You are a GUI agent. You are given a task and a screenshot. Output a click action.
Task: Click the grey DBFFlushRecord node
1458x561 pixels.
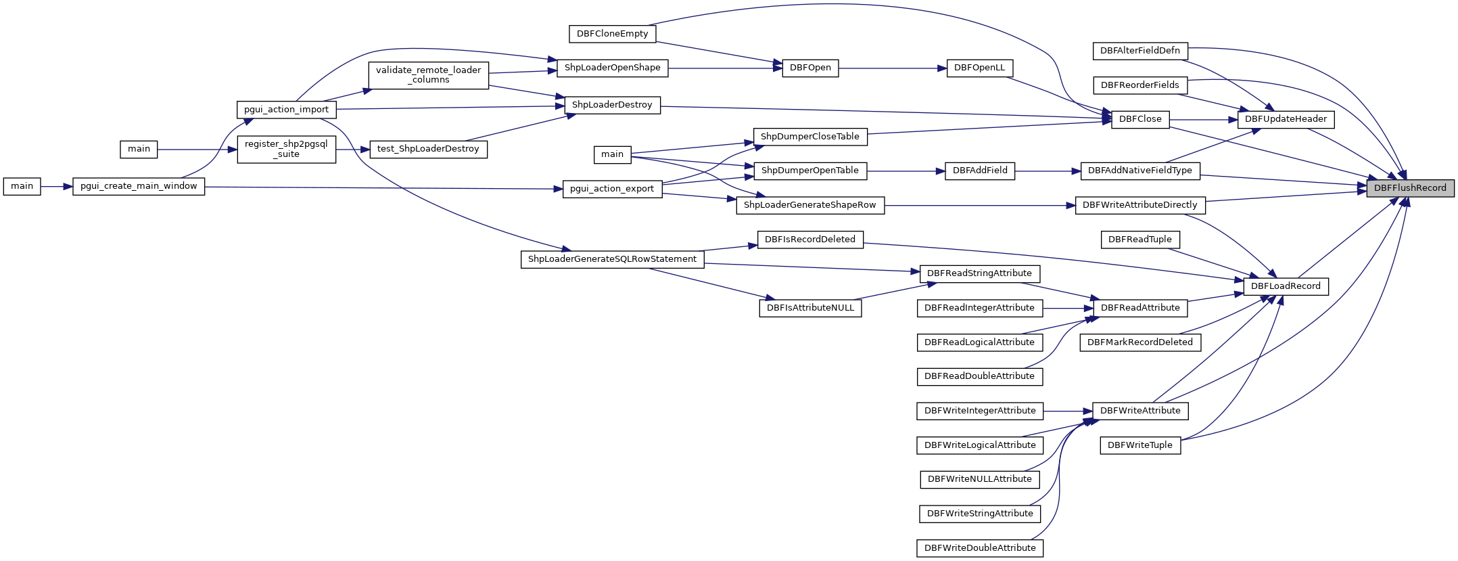coord(1410,188)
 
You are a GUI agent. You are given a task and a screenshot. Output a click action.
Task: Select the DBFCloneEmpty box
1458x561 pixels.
coord(612,34)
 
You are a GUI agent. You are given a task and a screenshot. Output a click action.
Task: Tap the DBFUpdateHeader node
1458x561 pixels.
coord(1286,119)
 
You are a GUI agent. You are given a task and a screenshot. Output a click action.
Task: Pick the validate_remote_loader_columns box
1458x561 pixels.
coord(428,75)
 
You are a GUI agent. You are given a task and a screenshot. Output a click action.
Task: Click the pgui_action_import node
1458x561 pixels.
coord(286,110)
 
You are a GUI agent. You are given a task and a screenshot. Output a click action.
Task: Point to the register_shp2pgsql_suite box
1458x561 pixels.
coord(286,150)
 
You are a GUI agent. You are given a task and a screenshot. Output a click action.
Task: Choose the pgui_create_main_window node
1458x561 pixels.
coord(139,186)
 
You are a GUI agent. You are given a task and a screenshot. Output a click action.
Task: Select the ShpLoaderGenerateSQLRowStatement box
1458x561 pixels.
coord(612,259)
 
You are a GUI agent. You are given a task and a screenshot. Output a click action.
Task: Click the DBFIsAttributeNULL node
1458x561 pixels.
coord(810,308)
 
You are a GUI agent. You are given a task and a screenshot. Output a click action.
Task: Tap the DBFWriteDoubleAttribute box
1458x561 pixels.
coord(980,548)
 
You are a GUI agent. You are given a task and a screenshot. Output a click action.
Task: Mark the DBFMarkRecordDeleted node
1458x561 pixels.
coord(1140,342)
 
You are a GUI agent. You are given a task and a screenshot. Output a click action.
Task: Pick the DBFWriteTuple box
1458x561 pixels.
coord(1140,445)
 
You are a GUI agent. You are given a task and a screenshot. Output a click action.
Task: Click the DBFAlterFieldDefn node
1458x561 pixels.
coord(1140,51)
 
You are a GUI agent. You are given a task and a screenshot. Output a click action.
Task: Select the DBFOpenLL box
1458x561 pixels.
coord(979,68)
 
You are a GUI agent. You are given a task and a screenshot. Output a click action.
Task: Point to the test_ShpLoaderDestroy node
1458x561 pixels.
coord(428,149)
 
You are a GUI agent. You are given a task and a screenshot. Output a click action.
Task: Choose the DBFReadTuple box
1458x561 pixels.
coord(1140,240)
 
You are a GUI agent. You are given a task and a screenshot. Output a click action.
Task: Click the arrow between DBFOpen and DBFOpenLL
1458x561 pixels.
coord(893,68)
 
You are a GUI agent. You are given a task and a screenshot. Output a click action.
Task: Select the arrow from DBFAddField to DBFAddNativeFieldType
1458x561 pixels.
coord(1048,171)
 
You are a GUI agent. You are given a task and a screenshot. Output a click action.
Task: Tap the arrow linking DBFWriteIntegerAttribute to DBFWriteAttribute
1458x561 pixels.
coord(1068,411)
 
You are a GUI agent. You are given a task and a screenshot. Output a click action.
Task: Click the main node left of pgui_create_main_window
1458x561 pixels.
coord(22,186)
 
